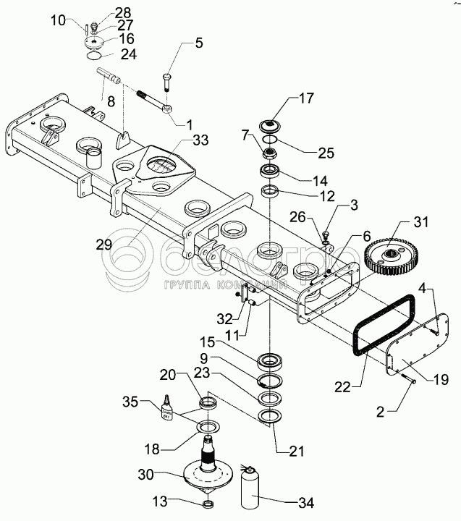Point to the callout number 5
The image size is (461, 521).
(198, 43)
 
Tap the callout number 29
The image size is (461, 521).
(104, 244)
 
